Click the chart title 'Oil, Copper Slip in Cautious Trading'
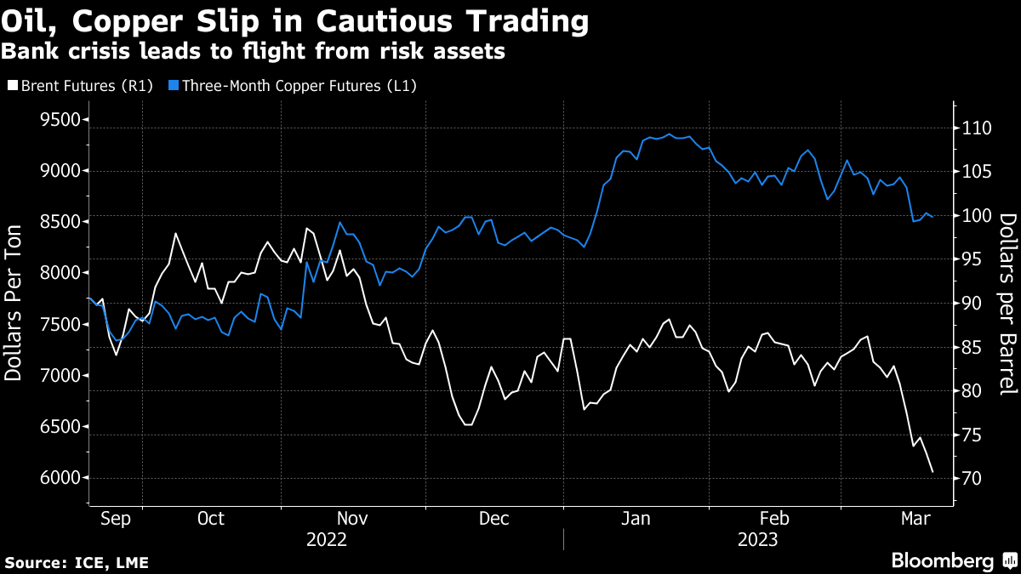(295, 22)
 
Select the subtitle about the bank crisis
(254, 52)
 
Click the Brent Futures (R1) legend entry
(83, 85)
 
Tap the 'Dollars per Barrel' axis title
(1007, 304)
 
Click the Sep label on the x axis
(116, 518)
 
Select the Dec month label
(493, 518)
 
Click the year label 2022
(327, 539)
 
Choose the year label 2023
(758, 539)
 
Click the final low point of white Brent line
(933, 472)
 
